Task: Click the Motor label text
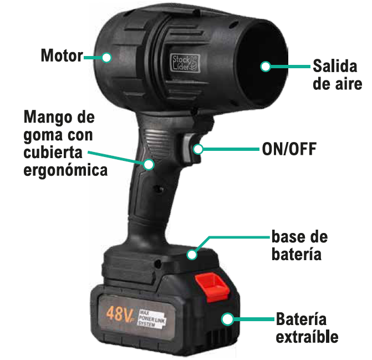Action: [61, 55]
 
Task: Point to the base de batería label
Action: [299, 246]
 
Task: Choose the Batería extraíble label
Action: [307, 328]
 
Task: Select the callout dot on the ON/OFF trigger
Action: [197, 149]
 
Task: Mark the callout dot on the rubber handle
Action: [149, 164]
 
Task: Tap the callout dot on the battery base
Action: [192, 255]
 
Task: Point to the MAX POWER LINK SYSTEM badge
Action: [156, 318]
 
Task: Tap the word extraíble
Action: [307, 337]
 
